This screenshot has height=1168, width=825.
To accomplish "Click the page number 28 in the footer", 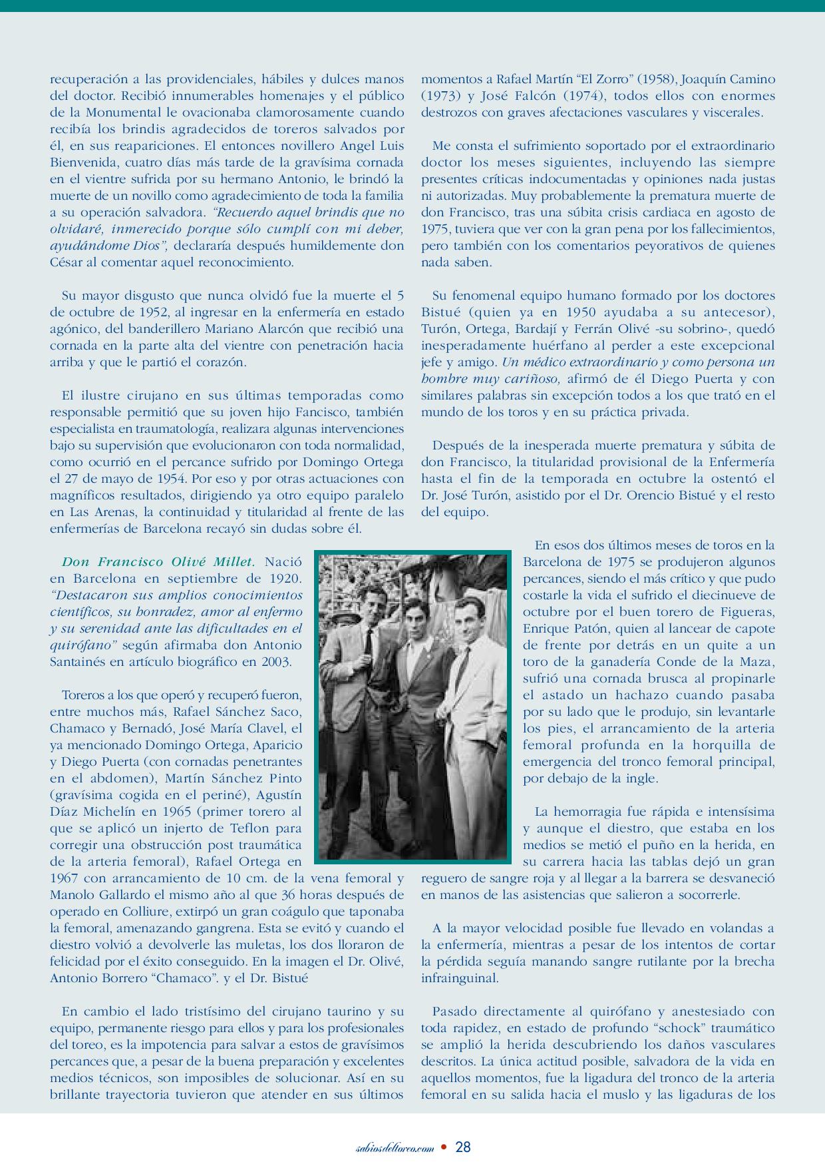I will (x=463, y=1147).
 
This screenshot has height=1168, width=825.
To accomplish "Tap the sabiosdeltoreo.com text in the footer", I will (x=395, y=1147).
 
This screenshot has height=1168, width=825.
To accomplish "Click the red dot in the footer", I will (x=444, y=1147).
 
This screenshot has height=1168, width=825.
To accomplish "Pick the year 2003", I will (x=277, y=662).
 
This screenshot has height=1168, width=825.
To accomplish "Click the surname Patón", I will (x=600, y=629).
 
